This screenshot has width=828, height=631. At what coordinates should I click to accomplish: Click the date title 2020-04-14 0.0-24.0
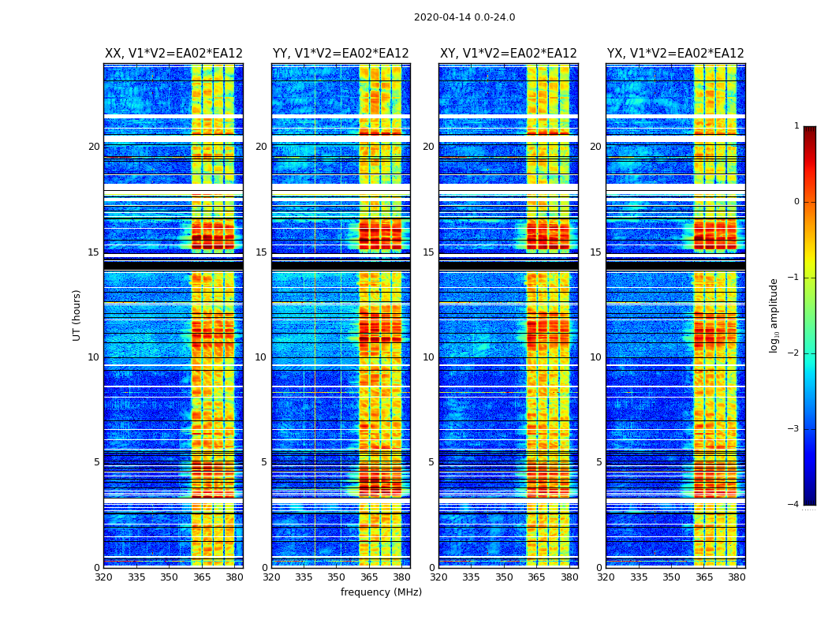tap(464, 17)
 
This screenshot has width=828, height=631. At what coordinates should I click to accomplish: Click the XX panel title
tap(173, 54)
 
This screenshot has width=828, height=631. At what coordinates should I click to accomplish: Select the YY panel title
tap(341, 54)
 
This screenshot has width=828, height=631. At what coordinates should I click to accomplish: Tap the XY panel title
tap(509, 54)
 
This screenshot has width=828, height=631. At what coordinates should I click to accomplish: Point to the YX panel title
tap(676, 54)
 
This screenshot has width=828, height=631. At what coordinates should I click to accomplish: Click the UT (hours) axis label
tap(76, 315)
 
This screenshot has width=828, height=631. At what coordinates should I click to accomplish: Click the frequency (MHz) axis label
tap(381, 592)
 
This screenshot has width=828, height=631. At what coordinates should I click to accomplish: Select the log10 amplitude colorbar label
tap(774, 315)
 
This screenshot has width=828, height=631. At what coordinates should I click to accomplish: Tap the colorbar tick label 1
tap(796, 126)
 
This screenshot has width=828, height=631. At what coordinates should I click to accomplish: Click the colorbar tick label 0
tap(796, 202)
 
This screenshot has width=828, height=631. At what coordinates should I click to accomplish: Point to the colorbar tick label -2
tap(795, 353)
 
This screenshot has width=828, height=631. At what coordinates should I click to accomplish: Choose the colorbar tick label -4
tap(795, 505)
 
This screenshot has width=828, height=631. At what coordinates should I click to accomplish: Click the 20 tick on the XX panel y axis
tap(94, 147)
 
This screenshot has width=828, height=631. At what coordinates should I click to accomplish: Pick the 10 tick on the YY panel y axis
tap(261, 357)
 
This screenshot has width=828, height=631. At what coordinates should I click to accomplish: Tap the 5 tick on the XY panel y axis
tap(431, 462)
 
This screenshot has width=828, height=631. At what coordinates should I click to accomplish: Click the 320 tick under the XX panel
tap(103, 577)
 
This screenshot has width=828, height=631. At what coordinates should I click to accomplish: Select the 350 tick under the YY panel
tap(337, 577)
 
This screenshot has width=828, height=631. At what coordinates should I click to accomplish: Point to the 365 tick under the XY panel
tap(536, 577)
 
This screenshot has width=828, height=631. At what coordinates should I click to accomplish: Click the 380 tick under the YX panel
tap(737, 577)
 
